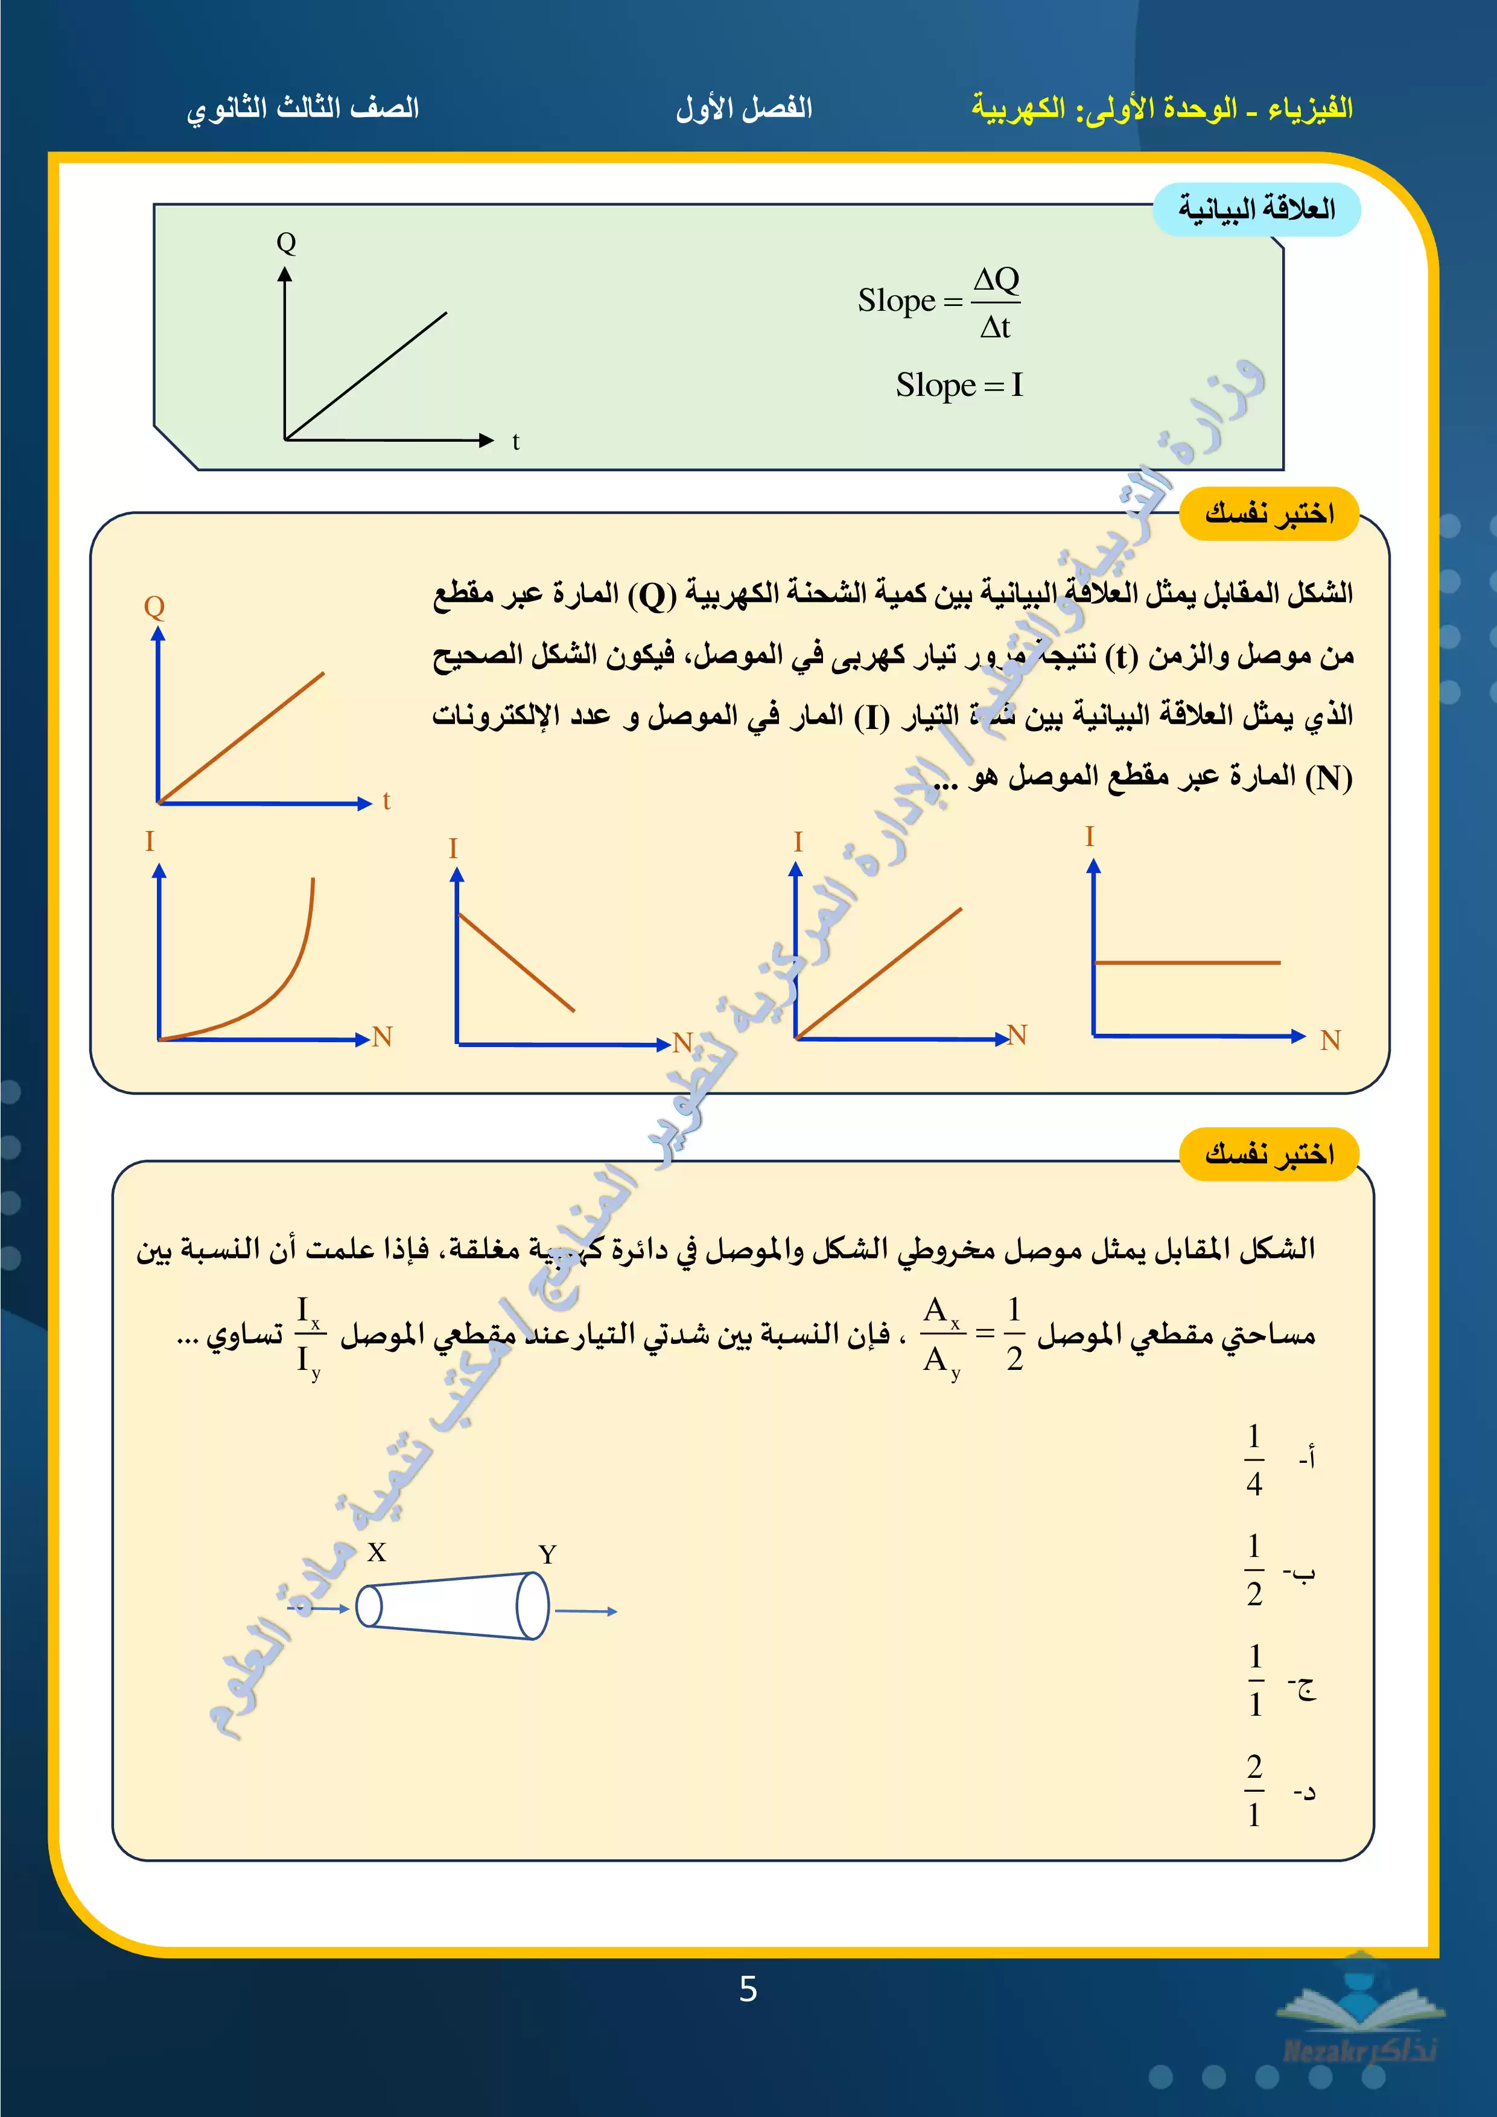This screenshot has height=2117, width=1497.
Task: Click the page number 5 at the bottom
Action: click(748, 1989)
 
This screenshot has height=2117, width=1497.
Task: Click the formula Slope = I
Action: click(959, 384)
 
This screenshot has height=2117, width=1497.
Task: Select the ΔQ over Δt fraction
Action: click(996, 302)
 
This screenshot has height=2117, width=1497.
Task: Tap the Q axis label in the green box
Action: click(286, 243)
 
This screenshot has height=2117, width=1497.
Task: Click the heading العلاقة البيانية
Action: click(1256, 209)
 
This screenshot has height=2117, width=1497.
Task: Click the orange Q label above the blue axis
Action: click(154, 606)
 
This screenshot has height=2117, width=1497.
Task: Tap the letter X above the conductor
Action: click(376, 1553)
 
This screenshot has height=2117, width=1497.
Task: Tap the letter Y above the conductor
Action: click(547, 1555)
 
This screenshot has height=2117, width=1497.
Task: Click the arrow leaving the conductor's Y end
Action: click(586, 1611)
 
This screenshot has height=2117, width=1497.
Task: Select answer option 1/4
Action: click(1254, 1460)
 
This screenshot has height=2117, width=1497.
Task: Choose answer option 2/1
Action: click(1254, 1791)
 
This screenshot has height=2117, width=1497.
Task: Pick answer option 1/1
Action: click(1254, 1680)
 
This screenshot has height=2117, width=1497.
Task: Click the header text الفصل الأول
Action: click(744, 109)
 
